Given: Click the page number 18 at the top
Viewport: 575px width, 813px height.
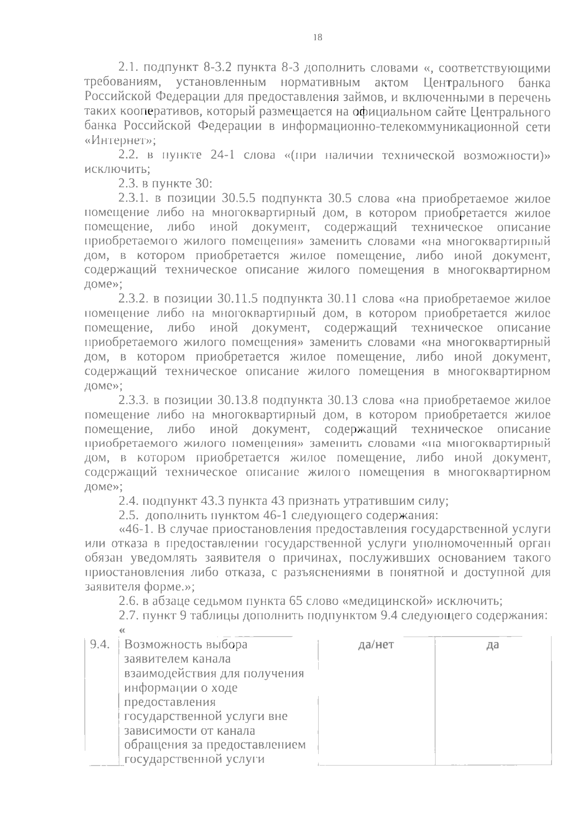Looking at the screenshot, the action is click(317, 37).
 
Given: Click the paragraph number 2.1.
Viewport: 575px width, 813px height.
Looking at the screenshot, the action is click(128, 68).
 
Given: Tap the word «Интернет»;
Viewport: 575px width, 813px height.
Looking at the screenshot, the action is click(120, 141).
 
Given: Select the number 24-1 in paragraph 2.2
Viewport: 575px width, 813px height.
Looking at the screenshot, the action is click(221, 155).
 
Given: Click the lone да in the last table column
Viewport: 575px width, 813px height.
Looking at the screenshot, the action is click(492, 645).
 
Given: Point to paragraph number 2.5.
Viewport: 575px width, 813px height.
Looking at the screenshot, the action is click(128, 516).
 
